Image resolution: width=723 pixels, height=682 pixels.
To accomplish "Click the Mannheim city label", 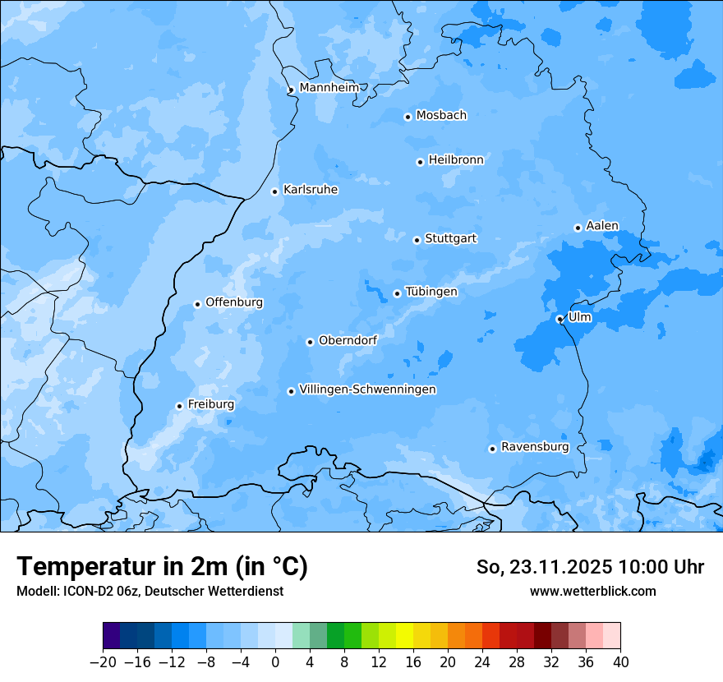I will [x=329, y=88].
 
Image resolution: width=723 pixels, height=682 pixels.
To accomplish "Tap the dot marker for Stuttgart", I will [x=417, y=240].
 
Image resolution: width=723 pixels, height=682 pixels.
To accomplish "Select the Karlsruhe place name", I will [x=311, y=190].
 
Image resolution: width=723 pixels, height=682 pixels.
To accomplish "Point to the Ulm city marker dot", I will [x=560, y=319].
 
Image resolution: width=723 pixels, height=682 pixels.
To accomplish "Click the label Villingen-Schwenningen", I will [x=367, y=389].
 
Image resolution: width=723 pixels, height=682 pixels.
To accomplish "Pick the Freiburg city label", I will [x=210, y=404].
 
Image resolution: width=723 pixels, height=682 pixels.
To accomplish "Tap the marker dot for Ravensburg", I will [x=492, y=449].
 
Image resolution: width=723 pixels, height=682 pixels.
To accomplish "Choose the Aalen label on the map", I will [x=602, y=226].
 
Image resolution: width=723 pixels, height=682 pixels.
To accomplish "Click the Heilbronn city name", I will [x=456, y=160].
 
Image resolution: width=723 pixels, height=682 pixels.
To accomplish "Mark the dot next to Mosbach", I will [x=408, y=117].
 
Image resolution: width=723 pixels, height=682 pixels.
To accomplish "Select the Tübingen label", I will [x=431, y=292].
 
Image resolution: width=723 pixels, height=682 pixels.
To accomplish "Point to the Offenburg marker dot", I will [x=197, y=304].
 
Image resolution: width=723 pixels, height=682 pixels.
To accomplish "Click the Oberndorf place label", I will [x=348, y=340].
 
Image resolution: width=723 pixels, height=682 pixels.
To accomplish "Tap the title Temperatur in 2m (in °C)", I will [x=162, y=566].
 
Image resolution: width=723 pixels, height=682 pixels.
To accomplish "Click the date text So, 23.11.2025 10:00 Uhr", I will [x=590, y=567].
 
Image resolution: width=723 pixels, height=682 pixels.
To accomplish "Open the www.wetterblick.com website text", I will [x=592, y=591].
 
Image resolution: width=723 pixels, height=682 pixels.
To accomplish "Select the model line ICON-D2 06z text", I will [x=150, y=591].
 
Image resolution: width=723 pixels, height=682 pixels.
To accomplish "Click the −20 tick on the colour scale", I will [x=104, y=662].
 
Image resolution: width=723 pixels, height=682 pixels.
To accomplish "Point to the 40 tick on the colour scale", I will [x=620, y=662].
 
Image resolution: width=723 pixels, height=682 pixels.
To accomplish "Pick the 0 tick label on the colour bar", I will [x=275, y=662].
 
